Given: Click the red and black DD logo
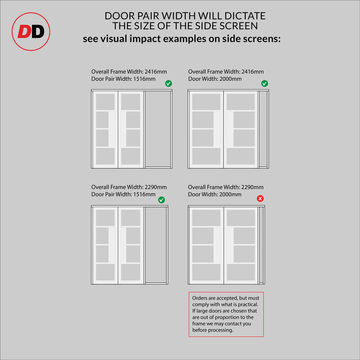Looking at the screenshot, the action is [31, 31].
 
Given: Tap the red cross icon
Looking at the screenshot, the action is [260, 198].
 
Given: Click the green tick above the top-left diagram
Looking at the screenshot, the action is [168, 83].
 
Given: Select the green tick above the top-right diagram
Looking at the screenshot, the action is [264, 83].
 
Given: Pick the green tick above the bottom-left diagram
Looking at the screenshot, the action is [161, 200].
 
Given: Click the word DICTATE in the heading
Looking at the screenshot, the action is [245, 16].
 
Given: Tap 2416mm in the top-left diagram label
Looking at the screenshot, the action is [156, 72].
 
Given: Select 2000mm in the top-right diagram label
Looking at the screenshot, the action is [231, 79].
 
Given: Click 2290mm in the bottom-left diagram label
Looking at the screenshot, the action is [156, 187].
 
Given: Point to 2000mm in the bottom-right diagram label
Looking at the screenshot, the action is [230, 194].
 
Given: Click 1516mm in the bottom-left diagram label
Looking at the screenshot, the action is [144, 194].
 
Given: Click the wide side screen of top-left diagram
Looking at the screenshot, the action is [158, 129].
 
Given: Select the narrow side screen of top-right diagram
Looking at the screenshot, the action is [263, 129].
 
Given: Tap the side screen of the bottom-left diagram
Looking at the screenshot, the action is [156, 245].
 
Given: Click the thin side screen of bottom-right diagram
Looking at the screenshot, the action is [261, 245].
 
